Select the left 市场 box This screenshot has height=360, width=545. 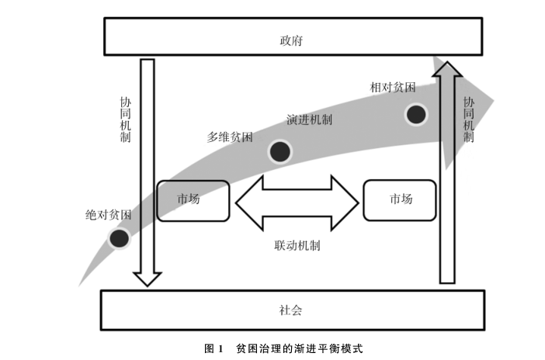[193, 200]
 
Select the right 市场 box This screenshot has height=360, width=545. [400, 199]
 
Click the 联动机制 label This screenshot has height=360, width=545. [297, 245]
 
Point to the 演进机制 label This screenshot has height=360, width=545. [309, 120]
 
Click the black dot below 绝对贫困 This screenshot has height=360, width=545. [119, 238]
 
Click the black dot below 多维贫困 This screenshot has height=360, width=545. [279, 151]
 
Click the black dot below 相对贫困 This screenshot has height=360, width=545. [417, 115]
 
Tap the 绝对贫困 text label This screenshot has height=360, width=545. [108, 214]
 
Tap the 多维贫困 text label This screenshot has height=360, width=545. [229, 137]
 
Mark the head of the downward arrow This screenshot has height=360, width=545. [146, 277]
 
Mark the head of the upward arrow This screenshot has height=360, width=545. [446, 71]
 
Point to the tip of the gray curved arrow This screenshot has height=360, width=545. [491, 99]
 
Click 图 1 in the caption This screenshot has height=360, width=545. [213, 348]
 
